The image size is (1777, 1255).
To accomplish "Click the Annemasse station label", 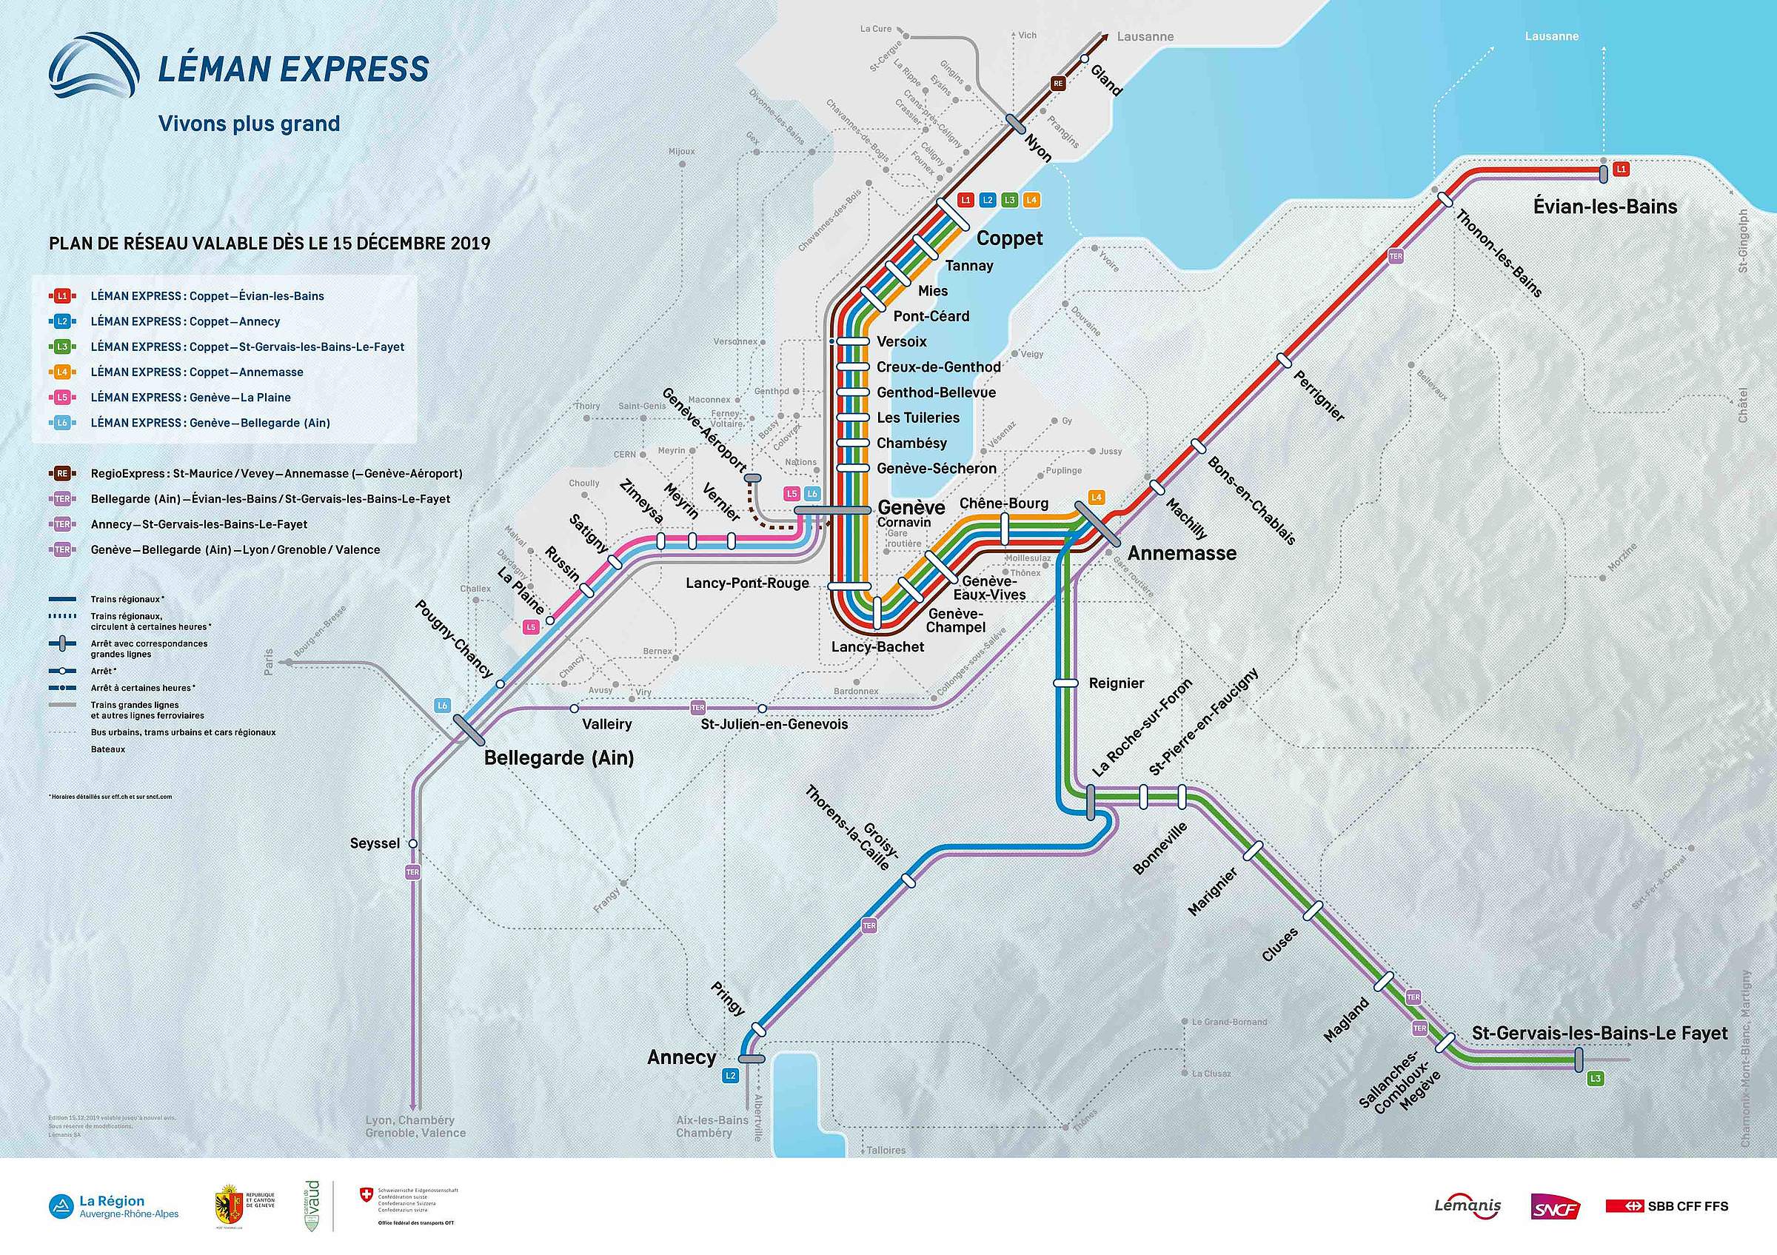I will coord(1182,553).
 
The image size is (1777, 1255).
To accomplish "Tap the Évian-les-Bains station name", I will coord(1605,207).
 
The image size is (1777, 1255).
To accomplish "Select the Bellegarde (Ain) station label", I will coord(559,757).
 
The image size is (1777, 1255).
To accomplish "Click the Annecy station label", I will coord(681,1057).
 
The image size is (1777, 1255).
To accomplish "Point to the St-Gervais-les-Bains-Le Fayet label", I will coord(1600,1034).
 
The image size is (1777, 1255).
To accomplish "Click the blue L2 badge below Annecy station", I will coord(730,1076).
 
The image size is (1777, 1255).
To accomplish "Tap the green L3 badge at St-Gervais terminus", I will coord(1594,1079).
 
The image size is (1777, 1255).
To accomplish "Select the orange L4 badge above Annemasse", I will coord(1096,498).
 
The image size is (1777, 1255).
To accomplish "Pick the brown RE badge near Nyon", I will coord(1058,84).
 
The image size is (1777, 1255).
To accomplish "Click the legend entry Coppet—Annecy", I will coord(184,321).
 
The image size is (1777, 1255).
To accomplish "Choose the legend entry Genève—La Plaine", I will coord(190,398).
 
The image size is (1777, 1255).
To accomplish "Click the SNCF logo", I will coord(1555,1206).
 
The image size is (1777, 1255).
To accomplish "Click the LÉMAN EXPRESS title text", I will coord(293,69).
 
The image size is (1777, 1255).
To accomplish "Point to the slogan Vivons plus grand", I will coord(250,124).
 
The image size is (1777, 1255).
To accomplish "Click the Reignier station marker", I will coord(1065,683).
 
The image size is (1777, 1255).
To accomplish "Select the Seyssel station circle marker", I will coord(413,843).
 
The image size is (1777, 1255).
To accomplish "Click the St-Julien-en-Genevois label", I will coord(774,725).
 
